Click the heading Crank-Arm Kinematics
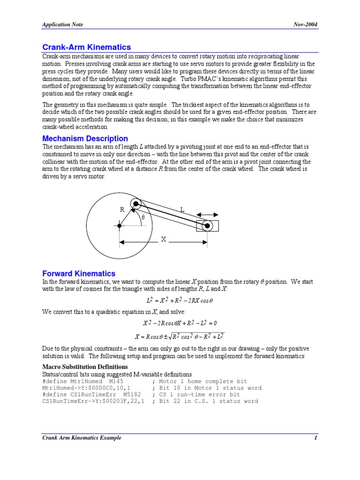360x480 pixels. pyautogui.click(x=87, y=47)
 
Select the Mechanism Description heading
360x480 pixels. pyautogui.click(x=85, y=138)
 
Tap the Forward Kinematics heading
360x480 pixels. pyautogui.click(x=79, y=273)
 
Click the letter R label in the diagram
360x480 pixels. pyautogui.click(x=122, y=210)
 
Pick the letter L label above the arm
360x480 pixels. pyautogui.click(x=182, y=210)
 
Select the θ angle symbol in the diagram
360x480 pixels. pyautogui.click(x=143, y=217)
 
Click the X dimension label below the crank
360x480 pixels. pyautogui.click(x=164, y=240)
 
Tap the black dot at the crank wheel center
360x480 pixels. pyautogui.click(x=120, y=225)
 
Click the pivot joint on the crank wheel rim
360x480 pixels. pyautogui.click(x=136, y=203)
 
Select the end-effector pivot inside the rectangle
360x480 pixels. pyautogui.click(x=207, y=225)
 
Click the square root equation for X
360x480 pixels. pyautogui.click(x=180, y=336)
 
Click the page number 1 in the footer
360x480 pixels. pyautogui.click(x=316, y=438)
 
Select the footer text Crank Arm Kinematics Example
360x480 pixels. pyautogui.click(x=82, y=438)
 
